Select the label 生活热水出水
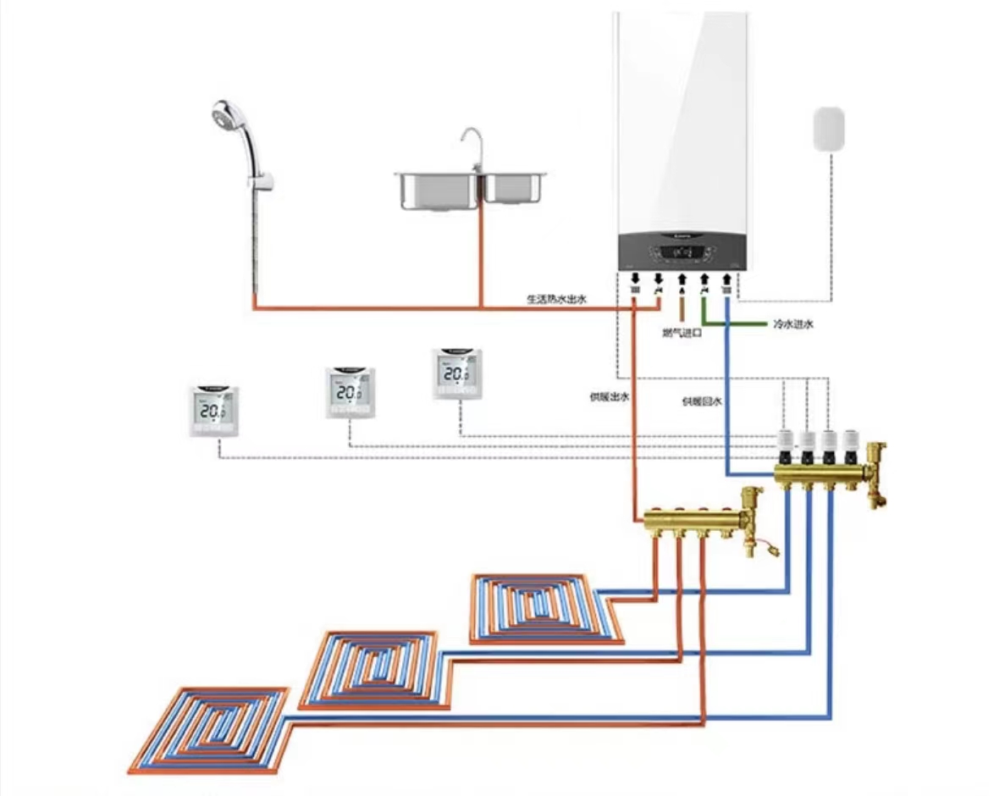556,299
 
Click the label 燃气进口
682,333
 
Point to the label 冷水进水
792,324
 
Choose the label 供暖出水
610,396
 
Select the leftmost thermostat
213,412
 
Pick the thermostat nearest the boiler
457,373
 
